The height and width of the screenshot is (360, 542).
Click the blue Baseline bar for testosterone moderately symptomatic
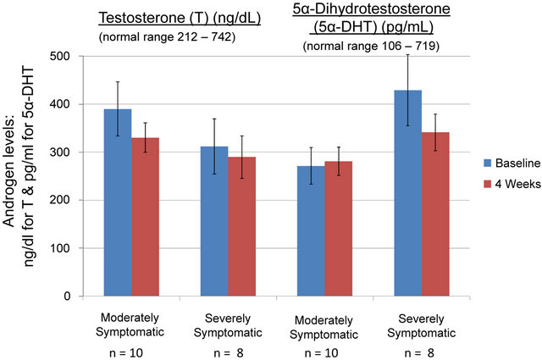(x=119, y=203)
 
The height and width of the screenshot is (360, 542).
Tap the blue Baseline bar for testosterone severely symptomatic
(x=215, y=221)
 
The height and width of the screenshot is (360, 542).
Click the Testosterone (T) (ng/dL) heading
(x=169, y=18)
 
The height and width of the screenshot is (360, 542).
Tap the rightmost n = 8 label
(x=421, y=349)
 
